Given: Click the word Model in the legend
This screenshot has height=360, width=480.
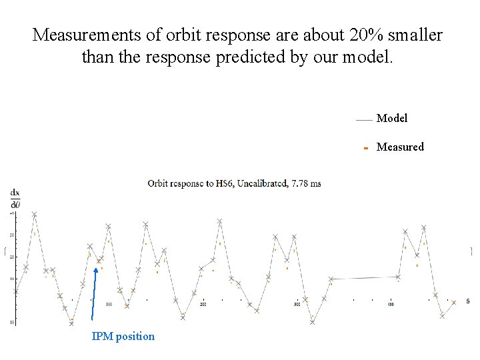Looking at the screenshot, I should [392, 118].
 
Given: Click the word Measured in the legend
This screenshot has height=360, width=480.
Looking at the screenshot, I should [400, 147].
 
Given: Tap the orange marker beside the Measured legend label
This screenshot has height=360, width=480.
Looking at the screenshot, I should [365, 147].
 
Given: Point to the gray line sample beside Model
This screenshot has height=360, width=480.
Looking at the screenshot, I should [363, 120].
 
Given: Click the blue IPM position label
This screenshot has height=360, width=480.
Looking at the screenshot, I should [123, 336].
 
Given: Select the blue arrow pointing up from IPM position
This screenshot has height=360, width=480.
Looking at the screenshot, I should [94, 293].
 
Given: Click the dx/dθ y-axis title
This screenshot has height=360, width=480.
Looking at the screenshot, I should [15, 197].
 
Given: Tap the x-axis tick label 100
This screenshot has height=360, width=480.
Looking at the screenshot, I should [109, 305].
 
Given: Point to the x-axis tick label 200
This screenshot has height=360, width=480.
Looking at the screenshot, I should [203, 305].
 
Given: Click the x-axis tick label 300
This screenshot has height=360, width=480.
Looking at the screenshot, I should [297, 305].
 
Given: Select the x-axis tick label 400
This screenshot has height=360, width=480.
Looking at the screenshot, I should [391, 305].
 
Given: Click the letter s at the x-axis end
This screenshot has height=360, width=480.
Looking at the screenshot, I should [467, 301].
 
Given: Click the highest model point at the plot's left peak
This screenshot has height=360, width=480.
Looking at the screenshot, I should [34, 215].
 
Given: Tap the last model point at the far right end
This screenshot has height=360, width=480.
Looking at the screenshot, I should [454, 302].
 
